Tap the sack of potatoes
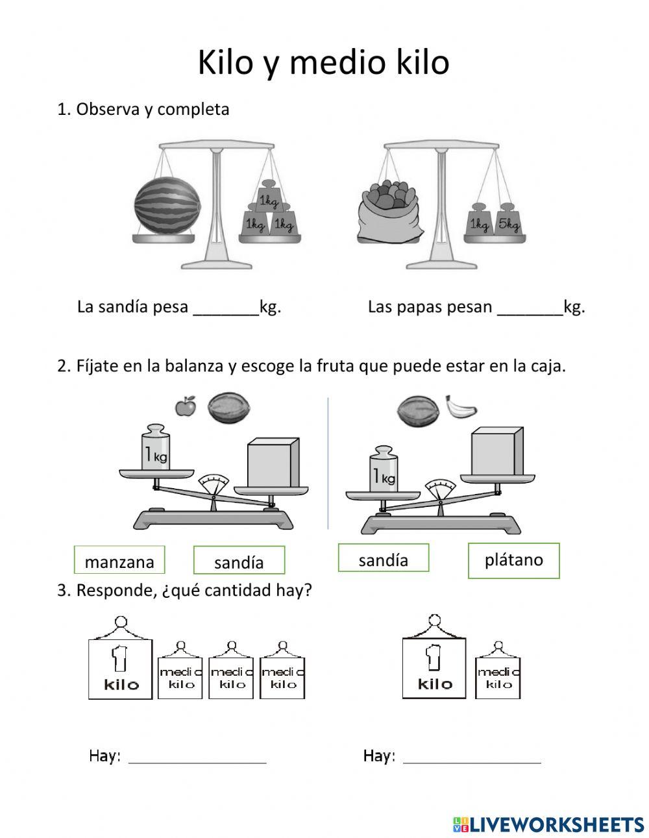pyautogui.click(x=389, y=212)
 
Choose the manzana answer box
pyautogui.click(x=119, y=560)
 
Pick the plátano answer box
pyautogui.click(x=513, y=560)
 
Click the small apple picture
pyautogui.click(x=186, y=406)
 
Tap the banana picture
pyautogui.click(x=460, y=407)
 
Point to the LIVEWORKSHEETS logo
pyautogui.click(x=548, y=824)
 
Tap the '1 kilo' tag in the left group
pyautogui.click(x=121, y=667)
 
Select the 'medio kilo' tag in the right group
pyautogui.click(x=498, y=676)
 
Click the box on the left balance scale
pyautogui.click(x=273, y=462)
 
